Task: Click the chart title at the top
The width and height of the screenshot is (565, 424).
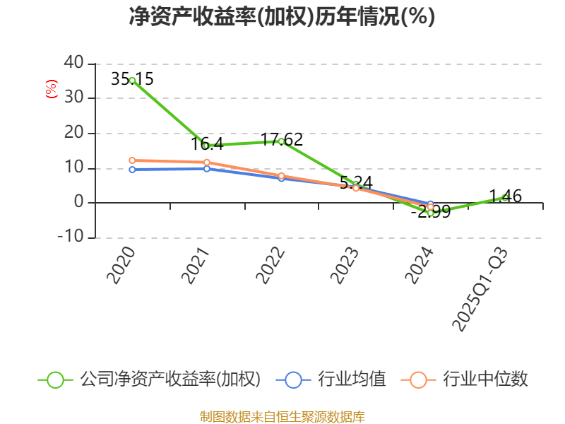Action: tap(282, 17)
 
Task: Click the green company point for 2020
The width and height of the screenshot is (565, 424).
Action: tap(132, 81)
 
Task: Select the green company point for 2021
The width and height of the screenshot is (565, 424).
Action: tap(206, 146)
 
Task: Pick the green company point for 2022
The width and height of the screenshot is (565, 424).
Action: tap(281, 141)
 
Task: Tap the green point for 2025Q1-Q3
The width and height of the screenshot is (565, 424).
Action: tap(505, 198)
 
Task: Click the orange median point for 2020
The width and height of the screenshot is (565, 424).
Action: tap(132, 160)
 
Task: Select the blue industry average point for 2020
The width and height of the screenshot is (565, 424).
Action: tap(132, 170)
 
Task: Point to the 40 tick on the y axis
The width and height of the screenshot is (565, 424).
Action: tap(73, 64)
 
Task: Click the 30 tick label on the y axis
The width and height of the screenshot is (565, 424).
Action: tap(73, 98)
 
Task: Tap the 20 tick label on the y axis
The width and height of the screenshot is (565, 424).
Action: tap(73, 133)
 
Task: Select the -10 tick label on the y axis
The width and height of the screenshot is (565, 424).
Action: tap(70, 237)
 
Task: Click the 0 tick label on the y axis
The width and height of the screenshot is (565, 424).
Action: tap(79, 203)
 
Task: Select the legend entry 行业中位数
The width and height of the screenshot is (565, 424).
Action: tap(465, 379)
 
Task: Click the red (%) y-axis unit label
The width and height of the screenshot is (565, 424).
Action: tap(51, 90)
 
